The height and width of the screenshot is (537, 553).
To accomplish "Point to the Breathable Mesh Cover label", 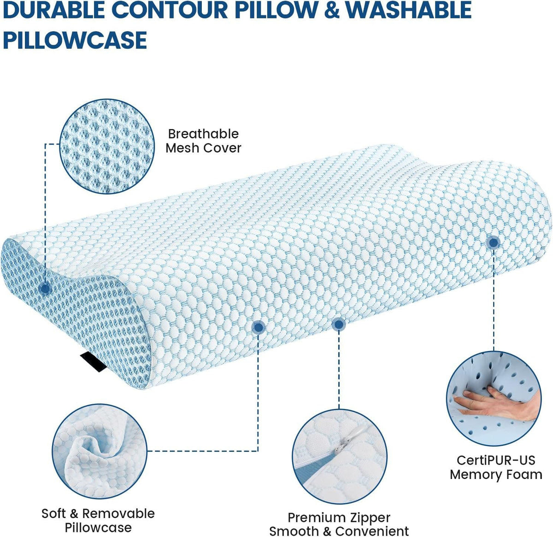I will click(x=203, y=141).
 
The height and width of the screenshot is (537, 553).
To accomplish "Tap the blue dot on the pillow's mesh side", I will click(x=45, y=289).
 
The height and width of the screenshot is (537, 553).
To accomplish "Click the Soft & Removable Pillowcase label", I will click(x=98, y=520).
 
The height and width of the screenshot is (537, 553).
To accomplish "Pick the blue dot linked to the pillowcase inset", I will click(x=258, y=327).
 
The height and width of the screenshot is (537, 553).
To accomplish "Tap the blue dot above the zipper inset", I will click(x=339, y=324).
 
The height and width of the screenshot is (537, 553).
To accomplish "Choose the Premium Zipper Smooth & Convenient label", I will click(x=339, y=524).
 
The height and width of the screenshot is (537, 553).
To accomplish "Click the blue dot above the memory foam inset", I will click(x=494, y=242).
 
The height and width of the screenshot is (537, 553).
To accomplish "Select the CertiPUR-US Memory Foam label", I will click(x=496, y=467).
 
